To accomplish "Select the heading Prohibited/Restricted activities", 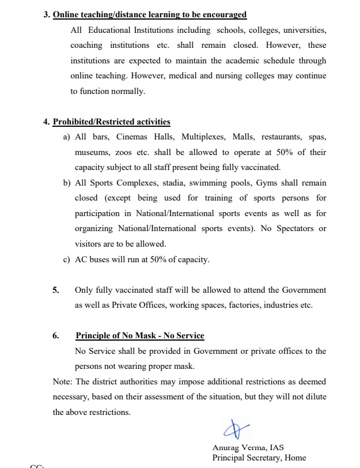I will pyautogui.click(x=111, y=122).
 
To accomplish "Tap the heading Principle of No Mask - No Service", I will pyautogui.click(x=139, y=335).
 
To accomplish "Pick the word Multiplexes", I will pyautogui.click(x=204, y=137).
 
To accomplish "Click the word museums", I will pyautogui.click(x=92, y=152).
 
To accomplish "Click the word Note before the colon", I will pyautogui.click(x=62, y=382).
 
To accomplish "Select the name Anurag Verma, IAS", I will pyautogui.click(x=248, y=447).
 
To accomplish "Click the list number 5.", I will pyautogui.click(x=56, y=290).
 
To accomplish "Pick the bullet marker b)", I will pyautogui.click(x=67, y=183).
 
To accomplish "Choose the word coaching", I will pyautogui.click(x=86, y=45).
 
